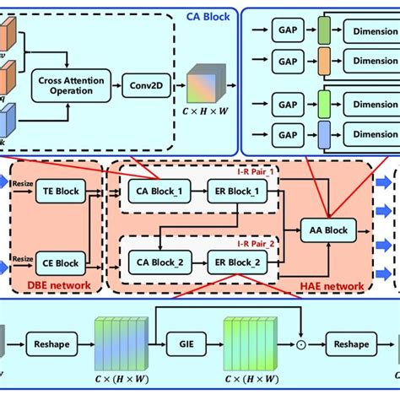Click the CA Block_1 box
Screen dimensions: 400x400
point(154,192)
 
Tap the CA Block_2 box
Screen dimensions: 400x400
point(154,263)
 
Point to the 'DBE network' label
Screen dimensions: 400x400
point(47,286)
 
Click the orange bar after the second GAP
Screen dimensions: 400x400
point(325,62)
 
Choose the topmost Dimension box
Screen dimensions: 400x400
point(371,32)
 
